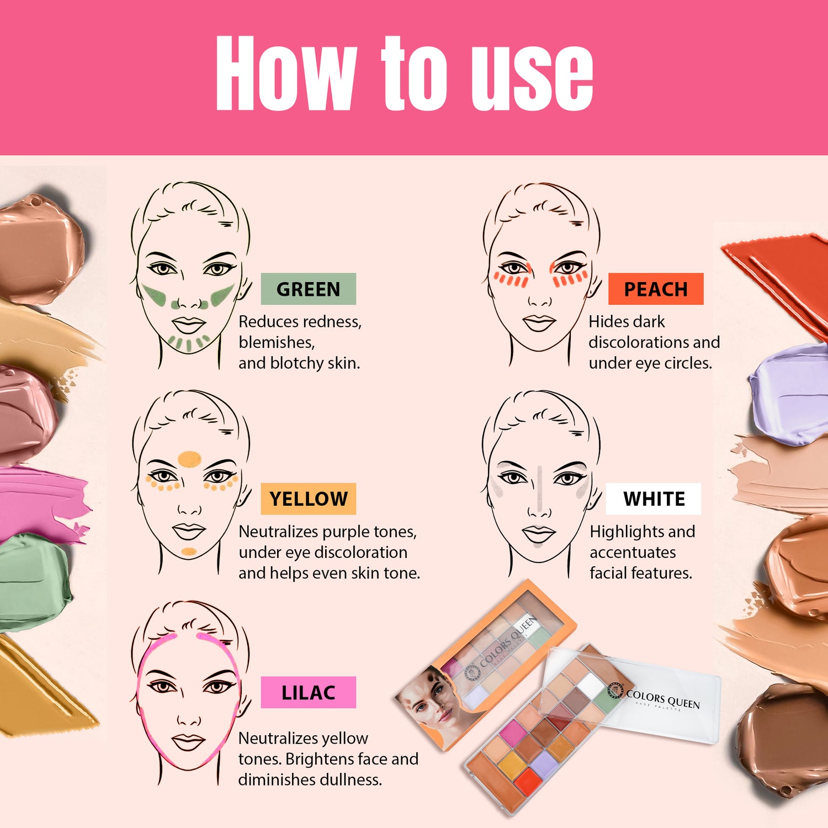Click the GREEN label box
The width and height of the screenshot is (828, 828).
click(308, 289)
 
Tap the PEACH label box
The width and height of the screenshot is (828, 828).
click(656, 289)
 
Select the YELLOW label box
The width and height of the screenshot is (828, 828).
click(308, 498)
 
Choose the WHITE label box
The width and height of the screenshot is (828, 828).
click(654, 498)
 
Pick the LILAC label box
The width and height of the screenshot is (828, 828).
click(308, 692)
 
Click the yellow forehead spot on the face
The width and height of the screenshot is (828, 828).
click(189, 459)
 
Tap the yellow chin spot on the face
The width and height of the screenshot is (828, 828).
click(189, 551)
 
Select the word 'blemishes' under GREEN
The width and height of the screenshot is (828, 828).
click(276, 342)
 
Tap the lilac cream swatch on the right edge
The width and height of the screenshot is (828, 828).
click(790, 393)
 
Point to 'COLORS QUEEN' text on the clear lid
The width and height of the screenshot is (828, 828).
click(663, 699)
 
